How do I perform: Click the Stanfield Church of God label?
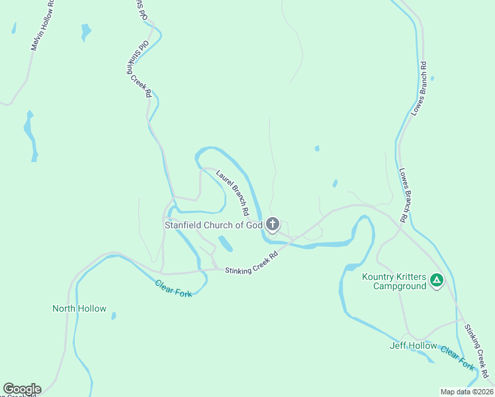pyautogui.click(x=214, y=225)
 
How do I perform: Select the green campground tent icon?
pyautogui.click(x=437, y=281)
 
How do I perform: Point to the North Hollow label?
pyautogui.click(x=79, y=308)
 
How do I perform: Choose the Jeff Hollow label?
pyautogui.click(x=414, y=345)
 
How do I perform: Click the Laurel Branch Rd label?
pyautogui.click(x=232, y=193)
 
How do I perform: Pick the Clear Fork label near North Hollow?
pyautogui.click(x=173, y=288)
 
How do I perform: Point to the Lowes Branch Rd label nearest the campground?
pyautogui.click(x=403, y=194)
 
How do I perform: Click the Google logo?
pyautogui.click(x=22, y=389)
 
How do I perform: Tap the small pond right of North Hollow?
pyautogui.click(x=114, y=316)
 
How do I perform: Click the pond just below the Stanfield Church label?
pyautogui.click(x=226, y=244)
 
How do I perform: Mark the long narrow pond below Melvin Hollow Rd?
pyautogui.click(x=30, y=136)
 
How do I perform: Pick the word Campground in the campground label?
pyautogui.click(x=399, y=287)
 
